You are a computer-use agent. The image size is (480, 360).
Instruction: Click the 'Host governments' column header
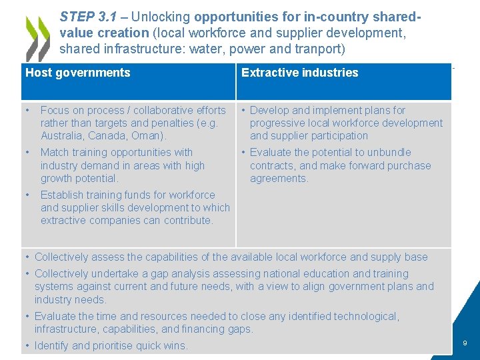click(78, 73)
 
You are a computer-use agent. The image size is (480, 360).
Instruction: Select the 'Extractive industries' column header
click(299, 73)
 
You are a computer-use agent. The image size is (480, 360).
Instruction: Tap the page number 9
click(465, 343)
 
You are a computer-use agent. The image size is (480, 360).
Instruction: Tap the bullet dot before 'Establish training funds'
click(27, 195)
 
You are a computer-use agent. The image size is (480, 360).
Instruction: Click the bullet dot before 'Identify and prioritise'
click(27, 345)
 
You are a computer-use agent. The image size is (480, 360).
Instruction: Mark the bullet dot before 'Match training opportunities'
click(27, 153)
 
